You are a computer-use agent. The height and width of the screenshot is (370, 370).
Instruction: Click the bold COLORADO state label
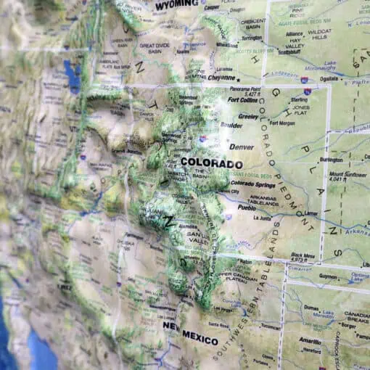click(x=211, y=163)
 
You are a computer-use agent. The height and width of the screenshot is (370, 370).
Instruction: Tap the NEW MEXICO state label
click(x=191, y=336)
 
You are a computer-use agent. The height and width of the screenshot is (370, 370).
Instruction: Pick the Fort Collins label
click(x=244, y=100)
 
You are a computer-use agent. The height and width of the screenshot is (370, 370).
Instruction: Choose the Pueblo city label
click(x=247, y=207)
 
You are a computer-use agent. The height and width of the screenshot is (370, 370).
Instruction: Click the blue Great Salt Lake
click(x=73, y=76)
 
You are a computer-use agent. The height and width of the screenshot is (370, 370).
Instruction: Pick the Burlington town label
click(x=331, y=160)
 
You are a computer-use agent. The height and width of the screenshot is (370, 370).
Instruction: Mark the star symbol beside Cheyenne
click(x=238, y=78)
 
